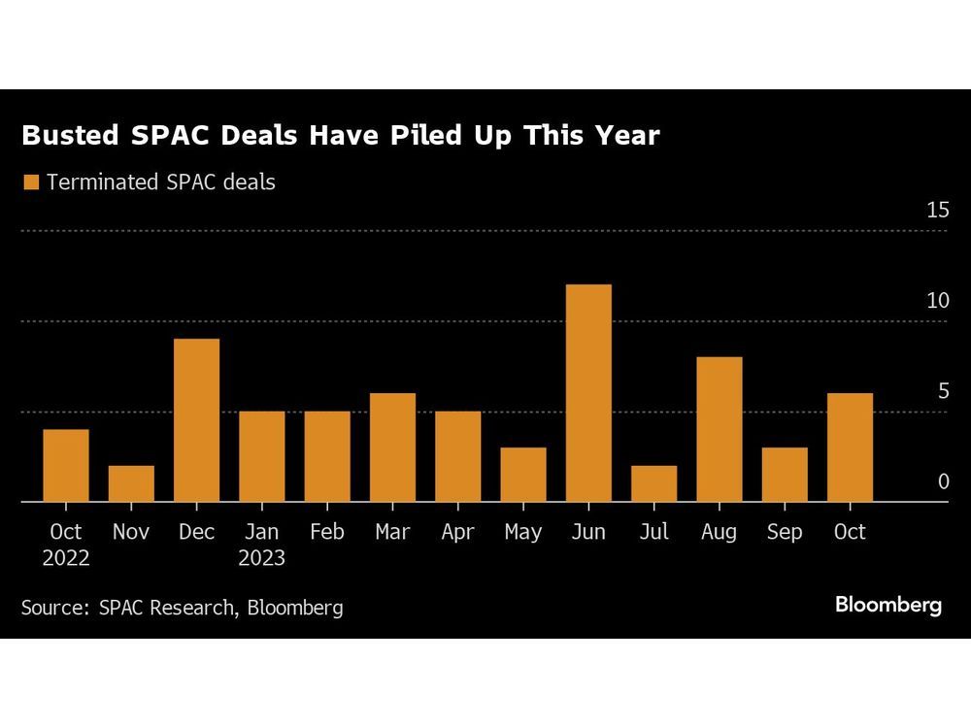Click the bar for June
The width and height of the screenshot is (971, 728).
[588, 393]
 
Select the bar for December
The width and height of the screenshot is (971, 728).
[196, 420]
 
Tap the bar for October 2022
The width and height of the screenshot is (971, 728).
[66, 466]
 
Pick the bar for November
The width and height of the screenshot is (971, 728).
[131, 483]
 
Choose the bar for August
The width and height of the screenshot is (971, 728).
[720, 429]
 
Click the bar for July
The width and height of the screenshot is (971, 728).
[653, 483]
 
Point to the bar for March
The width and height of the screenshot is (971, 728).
[392, 447]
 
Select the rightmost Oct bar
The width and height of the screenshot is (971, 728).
[850, 447]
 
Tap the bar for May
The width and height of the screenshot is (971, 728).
[523, 475]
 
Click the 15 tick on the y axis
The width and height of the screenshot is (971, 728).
[937, 210]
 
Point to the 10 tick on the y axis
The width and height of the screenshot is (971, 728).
[937, 301]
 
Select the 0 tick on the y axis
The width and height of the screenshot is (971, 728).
[943, 482]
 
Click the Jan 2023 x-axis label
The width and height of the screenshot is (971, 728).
[262, 545]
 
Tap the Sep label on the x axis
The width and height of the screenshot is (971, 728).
[785, 533]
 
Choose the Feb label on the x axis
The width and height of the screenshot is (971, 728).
[327, 533]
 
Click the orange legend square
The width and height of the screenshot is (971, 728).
[30, 182]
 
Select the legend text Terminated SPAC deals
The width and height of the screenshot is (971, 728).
[160, 182]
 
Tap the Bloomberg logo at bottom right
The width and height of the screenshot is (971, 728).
[888, 605]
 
